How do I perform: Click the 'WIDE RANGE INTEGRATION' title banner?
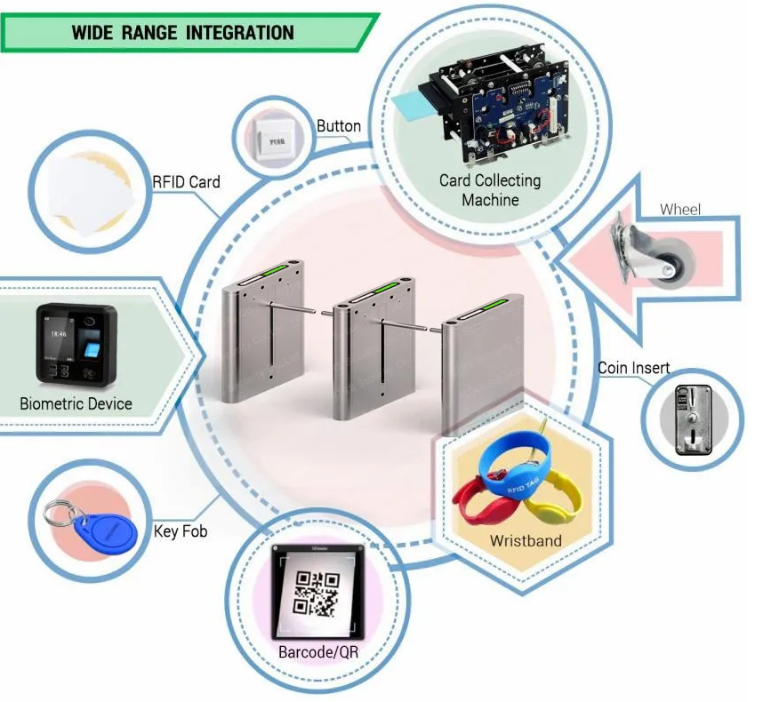click(x=182, y=33)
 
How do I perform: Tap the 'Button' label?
click(x=339, y=126)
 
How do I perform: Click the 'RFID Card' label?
click(x=186, y=182)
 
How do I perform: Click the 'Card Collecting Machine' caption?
click(x=489, y=190)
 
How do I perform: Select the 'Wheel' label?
click(x=679, y=211)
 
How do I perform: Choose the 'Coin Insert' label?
click(x=633, y=369)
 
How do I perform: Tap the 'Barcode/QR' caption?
click(x=317, y=651)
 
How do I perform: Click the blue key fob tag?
click(x=108, y=532)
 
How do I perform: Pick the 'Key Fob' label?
click(x=181, y=530)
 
